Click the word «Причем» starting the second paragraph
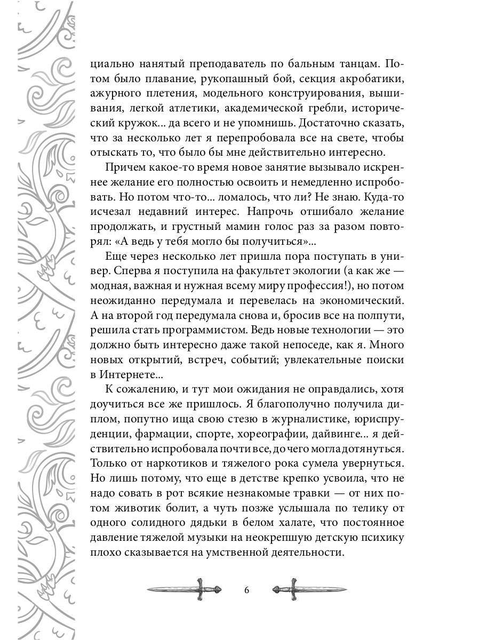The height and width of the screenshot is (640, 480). coord(124,168)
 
